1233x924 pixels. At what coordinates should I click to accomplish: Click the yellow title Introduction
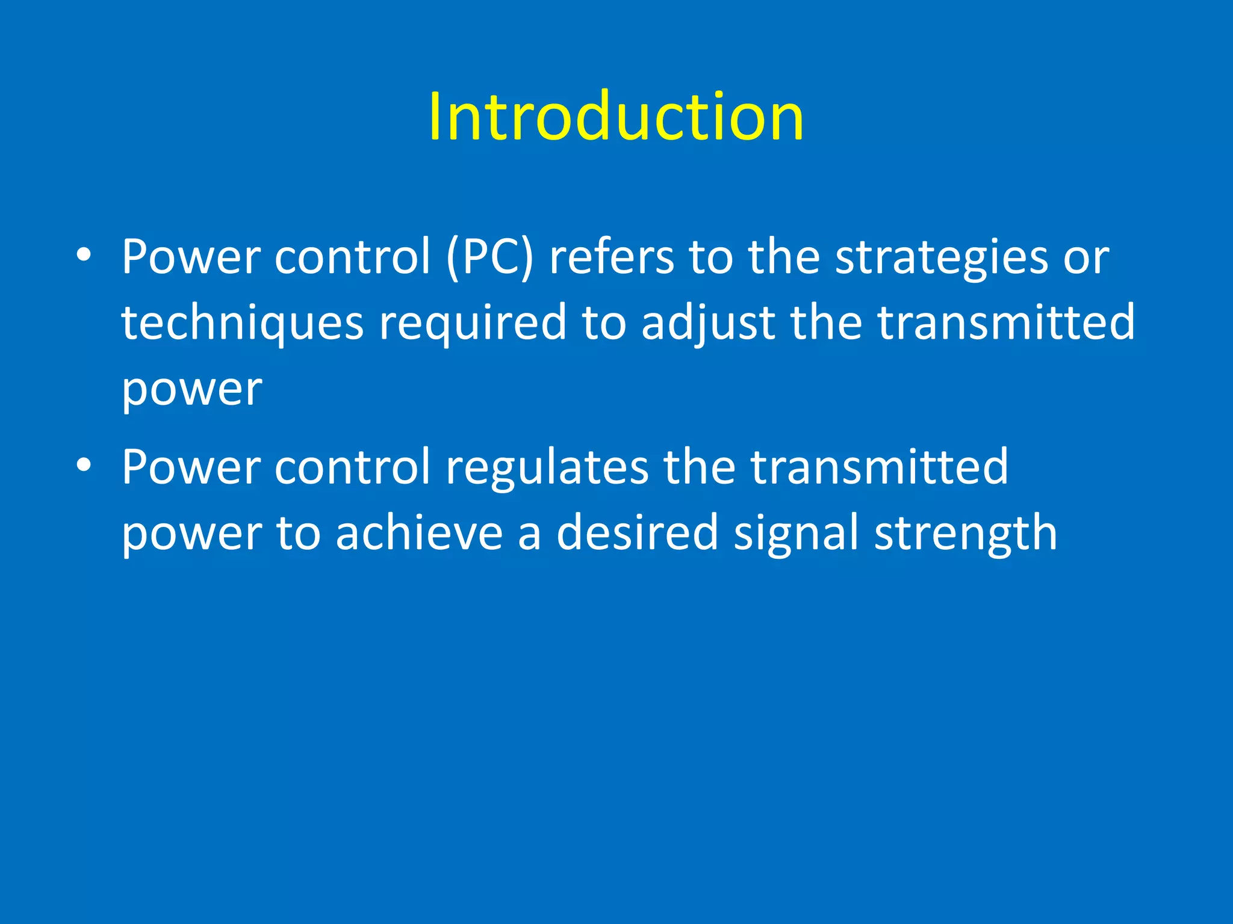[616, 117]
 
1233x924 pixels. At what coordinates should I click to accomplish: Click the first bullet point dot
[84, 255]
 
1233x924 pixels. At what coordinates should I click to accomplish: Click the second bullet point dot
[84, 465]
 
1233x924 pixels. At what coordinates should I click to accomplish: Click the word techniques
[242, 324]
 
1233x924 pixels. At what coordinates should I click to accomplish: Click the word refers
[612, 257]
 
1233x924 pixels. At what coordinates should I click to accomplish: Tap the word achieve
[419, 533]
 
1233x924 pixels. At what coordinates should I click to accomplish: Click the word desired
[637, 533]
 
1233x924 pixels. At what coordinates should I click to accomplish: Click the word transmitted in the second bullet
[879, 467]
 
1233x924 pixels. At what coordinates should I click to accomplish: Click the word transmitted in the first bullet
[1006, 322]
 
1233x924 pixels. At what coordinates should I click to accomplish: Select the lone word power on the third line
[191, 390]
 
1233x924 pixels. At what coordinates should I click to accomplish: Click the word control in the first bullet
[352, 257]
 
